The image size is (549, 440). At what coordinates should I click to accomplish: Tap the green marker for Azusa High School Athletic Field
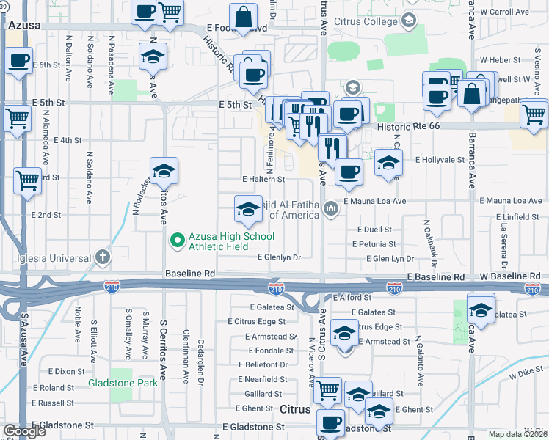tap(177, 240)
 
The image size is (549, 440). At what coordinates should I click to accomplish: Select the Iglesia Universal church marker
tap(103, 257)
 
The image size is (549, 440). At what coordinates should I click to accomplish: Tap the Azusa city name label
tap(24, 25)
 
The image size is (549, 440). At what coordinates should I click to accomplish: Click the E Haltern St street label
tap(263, 179)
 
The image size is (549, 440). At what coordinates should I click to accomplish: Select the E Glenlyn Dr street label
tap(279, 257)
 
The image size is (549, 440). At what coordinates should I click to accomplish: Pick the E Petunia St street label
tap(374, 244)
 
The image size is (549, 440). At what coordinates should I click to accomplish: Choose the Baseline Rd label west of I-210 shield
tap(190, 273)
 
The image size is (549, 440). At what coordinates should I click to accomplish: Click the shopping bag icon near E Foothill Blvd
tap(243, 18)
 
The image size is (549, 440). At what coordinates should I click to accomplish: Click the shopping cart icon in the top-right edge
tap(534, 114)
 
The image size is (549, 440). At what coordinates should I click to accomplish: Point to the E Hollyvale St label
tap(440, 159)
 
